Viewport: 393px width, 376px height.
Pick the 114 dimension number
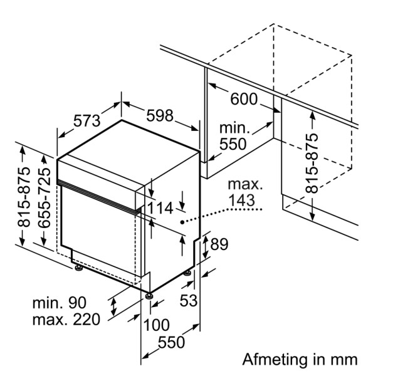click(160, 208)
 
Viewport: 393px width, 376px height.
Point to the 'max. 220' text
click(66, 320)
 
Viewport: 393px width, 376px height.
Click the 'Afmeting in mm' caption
click(300, 360)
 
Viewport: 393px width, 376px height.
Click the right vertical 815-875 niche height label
click(312, 163)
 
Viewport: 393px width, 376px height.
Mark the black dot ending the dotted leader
click(182, 221)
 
